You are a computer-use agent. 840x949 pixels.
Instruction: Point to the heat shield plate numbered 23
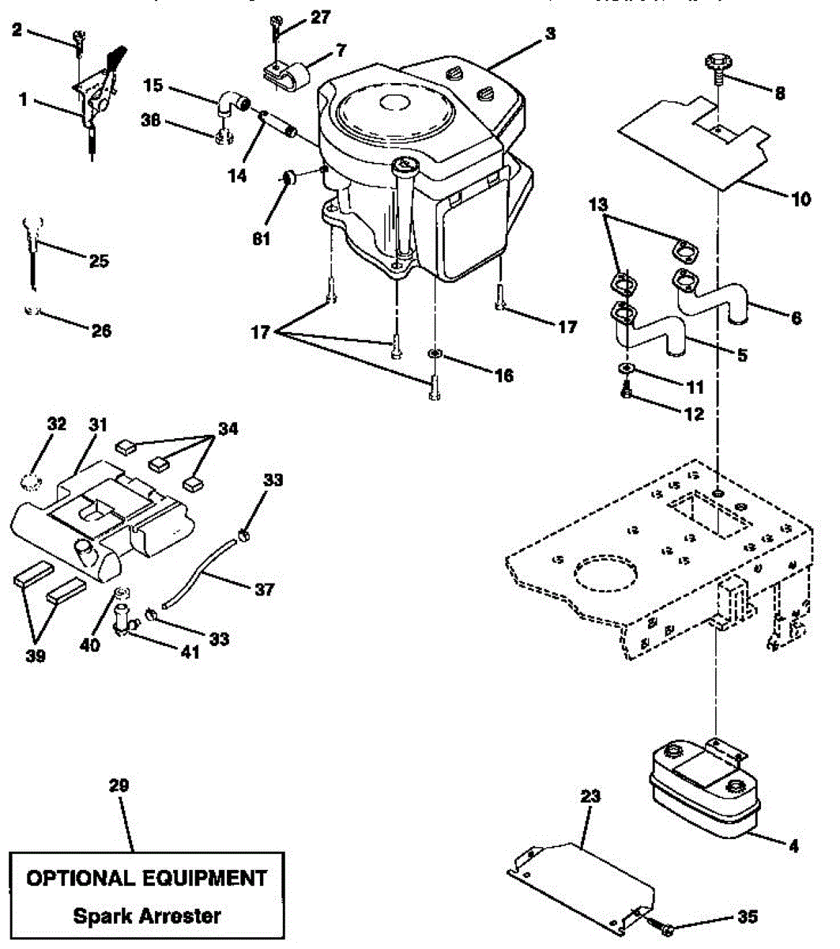click(581, 874)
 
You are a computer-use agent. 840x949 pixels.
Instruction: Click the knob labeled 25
click(32, 233)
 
